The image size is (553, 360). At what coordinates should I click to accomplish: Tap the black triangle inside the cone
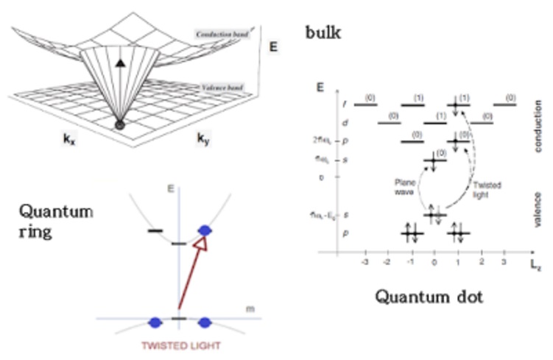point(119,65)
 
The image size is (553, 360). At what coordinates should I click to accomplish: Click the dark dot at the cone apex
point(119,125)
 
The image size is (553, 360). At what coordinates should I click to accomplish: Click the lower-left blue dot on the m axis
point(155,322)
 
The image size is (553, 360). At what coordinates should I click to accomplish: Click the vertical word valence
point(538,211)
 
